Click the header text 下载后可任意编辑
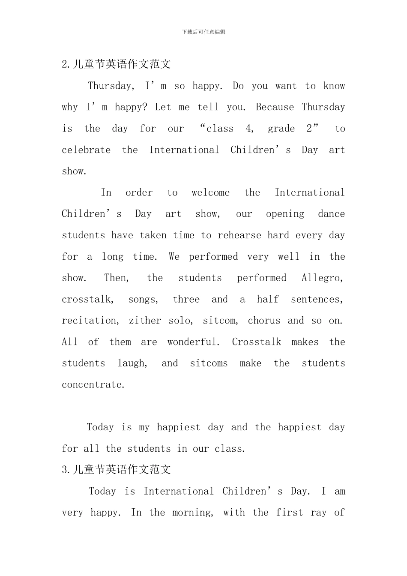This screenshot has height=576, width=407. coord(203,32)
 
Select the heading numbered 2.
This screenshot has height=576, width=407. coord(116,64)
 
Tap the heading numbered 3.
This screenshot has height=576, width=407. coord(116,470)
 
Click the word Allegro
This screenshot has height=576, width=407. coord(322,278)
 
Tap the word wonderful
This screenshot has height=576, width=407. coord(193,342)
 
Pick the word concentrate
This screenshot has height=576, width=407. coord(93,385)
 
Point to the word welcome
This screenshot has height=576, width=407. coord(210,193)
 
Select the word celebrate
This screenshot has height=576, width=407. coord(86,150)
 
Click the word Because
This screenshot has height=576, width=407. coord(275,107)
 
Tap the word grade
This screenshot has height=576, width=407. coord(281,129)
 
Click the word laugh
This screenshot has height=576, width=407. coord(132,363)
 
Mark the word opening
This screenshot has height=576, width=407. coord(285,214)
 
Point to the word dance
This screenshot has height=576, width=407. coord(331,214)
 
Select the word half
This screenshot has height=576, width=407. coord(268,299)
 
